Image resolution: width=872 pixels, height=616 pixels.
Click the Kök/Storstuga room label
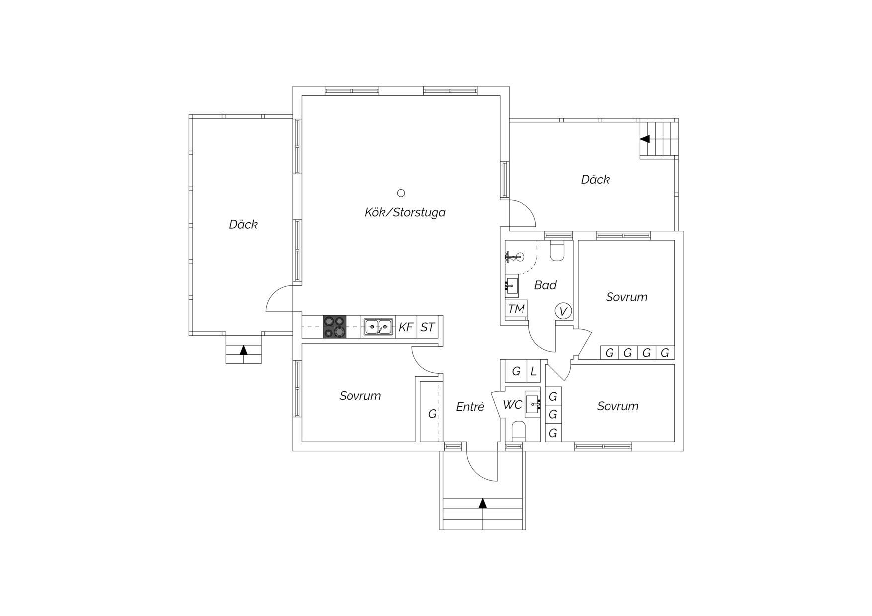[405, 212]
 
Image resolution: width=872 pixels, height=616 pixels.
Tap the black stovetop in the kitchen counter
[334, 327]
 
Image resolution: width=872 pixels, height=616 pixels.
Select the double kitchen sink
[378, 327]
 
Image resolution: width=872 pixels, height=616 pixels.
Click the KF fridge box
[406, 327]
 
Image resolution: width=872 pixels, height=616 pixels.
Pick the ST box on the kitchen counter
[428, 327]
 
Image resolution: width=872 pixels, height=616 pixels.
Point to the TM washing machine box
[516, 309]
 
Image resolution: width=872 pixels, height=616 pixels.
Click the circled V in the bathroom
[563, 311]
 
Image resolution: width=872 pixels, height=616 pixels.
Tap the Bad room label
[545, 285]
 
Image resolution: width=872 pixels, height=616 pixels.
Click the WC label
[512, 405]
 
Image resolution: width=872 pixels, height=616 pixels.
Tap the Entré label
[470, 407]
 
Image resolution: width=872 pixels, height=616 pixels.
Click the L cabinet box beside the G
[534, 371]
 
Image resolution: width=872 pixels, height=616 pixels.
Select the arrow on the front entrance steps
[483, 503]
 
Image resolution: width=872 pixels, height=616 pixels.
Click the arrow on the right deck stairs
[645, 139]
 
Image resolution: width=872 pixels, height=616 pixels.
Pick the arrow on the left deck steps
[243, 350]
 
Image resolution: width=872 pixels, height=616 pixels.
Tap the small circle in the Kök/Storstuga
[401, 193]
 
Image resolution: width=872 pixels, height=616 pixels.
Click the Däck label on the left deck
[243, 224]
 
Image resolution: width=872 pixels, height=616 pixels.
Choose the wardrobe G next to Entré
[432, 413]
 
